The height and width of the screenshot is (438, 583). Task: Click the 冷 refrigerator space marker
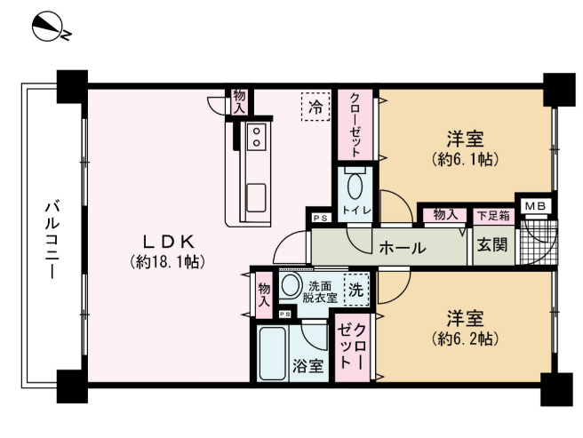click(314, 107)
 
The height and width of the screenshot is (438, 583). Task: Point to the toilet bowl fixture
click(355, 187)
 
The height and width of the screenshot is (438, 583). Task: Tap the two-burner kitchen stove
click(257, 136)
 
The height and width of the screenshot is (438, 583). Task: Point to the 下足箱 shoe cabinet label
click(492, 214)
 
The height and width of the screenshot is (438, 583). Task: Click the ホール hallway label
click(402, 248)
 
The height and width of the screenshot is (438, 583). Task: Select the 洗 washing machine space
click(355, 289)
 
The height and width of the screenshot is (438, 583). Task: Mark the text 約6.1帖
click(464, 160)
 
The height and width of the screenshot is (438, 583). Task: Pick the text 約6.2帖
click(464, 338)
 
